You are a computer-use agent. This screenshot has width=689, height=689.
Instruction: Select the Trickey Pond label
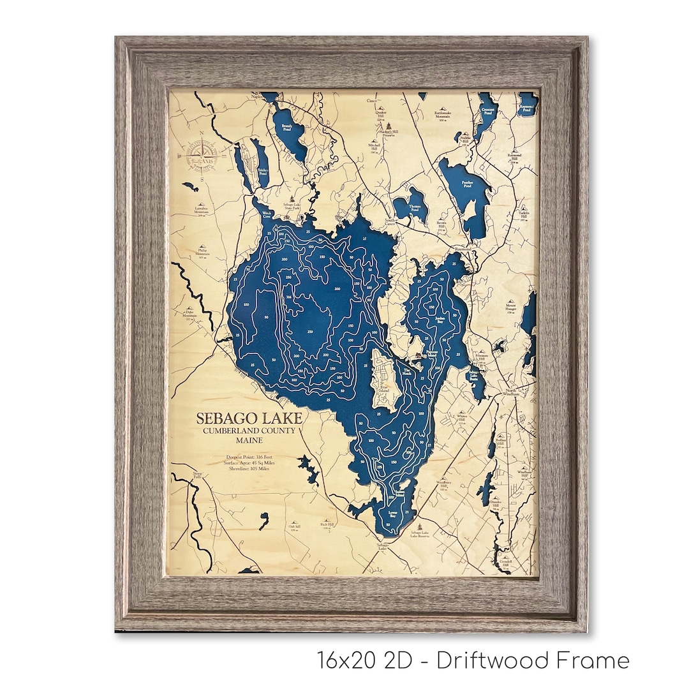(x=262, y=172)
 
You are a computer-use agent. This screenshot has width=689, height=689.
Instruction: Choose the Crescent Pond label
(x=489, y=110)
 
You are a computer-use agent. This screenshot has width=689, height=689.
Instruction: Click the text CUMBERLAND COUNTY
(x=249, y=431)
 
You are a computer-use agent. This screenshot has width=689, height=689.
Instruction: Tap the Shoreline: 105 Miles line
(x=251, y=470)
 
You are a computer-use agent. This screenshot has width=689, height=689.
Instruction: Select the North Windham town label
(x=510, y=392)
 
